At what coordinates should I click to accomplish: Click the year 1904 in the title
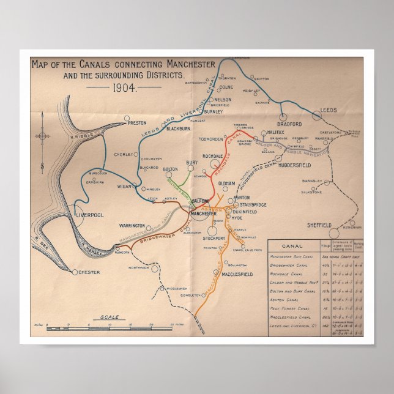click(x=124, y=87)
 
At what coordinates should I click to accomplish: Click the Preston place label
click(x=138, y=123)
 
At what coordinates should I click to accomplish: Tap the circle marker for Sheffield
click(x=334, y=233)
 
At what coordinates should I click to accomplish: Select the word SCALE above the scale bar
click(x=111, y=317)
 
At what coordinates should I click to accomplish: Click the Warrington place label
click(x=132, y=226)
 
